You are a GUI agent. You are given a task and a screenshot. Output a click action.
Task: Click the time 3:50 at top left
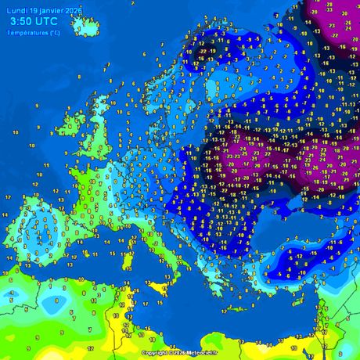click(x=23, y=20)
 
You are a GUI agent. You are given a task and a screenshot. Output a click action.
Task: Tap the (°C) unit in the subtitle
click(x=53, y=32)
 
